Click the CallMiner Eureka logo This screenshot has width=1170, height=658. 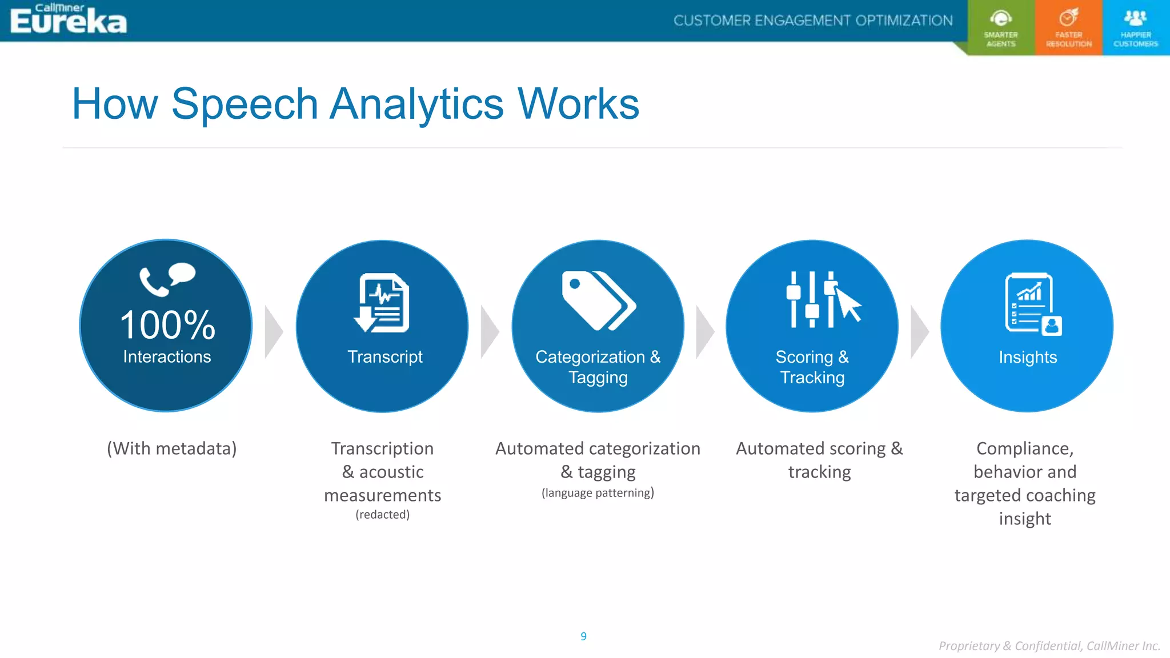[68, 19]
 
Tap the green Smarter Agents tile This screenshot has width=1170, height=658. [1001, 27]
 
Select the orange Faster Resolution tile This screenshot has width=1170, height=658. [1068, 27]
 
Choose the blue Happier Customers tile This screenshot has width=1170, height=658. [1136, 27]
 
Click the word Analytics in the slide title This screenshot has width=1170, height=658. [417, 105]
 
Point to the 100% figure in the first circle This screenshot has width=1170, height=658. [167, 326]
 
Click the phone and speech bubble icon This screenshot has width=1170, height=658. [167, 279]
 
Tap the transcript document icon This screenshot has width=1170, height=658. [382, 303]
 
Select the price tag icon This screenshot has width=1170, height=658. [598, 300]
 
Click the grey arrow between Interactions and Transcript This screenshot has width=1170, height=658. [274, 332]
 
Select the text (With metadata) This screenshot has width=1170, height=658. [171, 449]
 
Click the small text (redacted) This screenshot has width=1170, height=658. [382, 515]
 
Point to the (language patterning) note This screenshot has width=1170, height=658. [598, 493]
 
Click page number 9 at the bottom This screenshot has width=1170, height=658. [583, 636]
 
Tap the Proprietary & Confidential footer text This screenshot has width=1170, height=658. [1049, 646]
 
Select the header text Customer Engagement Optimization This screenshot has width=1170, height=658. [813, 21]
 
